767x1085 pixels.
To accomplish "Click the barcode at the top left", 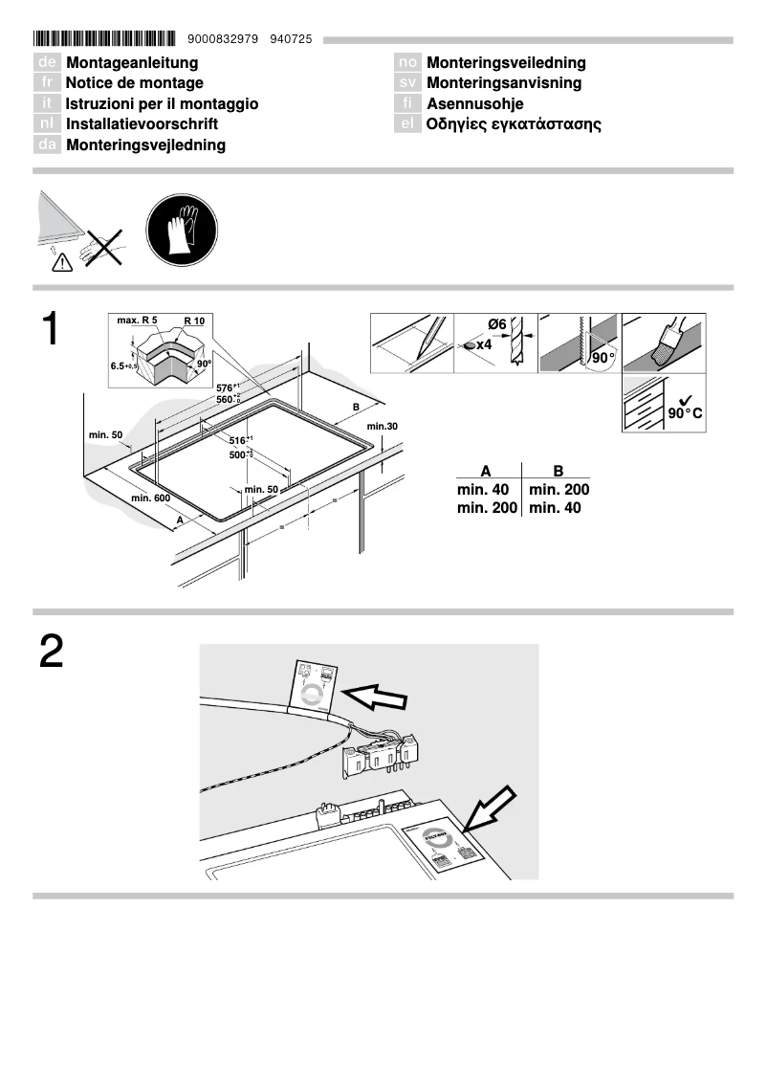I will click(x=104, y=39).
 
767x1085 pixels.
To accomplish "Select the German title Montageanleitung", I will click(x=132, y=63).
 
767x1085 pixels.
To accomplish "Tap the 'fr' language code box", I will click(x=47, y=83).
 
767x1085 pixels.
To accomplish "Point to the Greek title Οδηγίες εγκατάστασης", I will click(x=514, y=124).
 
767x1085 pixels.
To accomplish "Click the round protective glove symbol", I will click(x=179, y=233).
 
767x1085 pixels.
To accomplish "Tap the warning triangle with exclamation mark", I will click(x=61, y=260).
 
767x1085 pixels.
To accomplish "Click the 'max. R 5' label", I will click(x=137, y=320).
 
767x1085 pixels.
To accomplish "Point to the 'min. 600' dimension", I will click(x=150, y=498).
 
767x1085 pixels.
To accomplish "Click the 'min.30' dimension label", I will click(x=381, y=426).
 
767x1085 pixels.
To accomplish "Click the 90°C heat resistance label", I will click(x=685, y=412).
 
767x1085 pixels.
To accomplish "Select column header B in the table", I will click(x=558, y=471).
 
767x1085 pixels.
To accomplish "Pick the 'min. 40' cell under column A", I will click(x=483, y=490).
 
